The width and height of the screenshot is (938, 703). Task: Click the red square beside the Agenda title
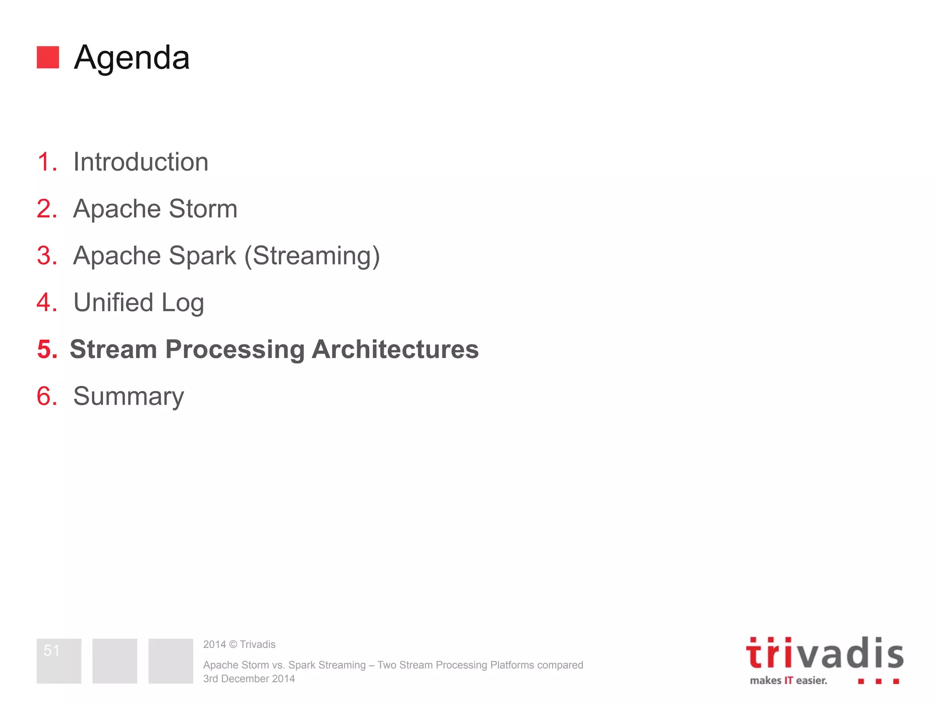click(x=48, y=57)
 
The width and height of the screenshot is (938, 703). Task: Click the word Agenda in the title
click(x=131, y=58)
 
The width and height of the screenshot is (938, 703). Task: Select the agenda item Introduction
click(x=141, y=162)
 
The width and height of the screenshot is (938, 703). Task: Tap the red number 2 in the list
click(x=47, y=209)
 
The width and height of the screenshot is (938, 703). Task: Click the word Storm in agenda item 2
click(x=203, y=209)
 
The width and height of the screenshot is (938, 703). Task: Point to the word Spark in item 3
click(x=202, y=255)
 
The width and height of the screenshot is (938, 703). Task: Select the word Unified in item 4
click(x=113, y=303)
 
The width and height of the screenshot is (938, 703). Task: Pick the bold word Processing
click(x=235, y=350)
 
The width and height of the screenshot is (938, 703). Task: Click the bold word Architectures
click(x=395, y=349)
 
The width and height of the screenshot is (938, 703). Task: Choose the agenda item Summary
click(x=128, y=396)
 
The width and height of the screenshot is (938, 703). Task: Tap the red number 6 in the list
click(x=47, y=396)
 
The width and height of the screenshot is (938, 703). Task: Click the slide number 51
click(x=51, y=650)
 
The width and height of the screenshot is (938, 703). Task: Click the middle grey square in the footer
click(x=115, y=661)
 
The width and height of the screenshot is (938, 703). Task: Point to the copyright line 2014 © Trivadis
click(x=239, y=644)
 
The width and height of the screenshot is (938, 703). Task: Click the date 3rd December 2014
click(x=249, y=679)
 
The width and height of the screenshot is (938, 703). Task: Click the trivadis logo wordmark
click(x=824, y=654)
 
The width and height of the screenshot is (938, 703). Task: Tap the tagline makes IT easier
click(x=788, y=681)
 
